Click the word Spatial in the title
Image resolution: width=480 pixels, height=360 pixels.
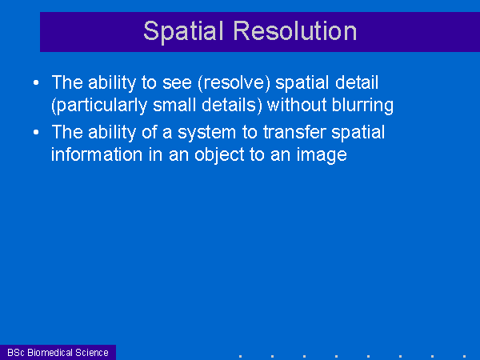pos(183,32)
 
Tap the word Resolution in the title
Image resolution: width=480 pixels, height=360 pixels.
pos(295,30)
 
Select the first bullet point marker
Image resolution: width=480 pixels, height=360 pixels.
pos(36,82)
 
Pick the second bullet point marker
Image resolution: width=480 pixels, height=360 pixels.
pos(36,132)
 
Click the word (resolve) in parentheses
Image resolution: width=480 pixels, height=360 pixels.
pos(234,83)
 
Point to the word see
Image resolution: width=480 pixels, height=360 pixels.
pos(177,83)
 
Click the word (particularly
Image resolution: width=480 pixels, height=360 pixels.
pos(99,106)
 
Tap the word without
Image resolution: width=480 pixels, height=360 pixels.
pos(297,105)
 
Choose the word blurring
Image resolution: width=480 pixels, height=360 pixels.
pos(362,106)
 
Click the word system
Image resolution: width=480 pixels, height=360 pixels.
pos(207,133)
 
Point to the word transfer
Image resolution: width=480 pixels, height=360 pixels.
pos(294,132)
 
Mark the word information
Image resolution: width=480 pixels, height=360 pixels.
pos(97,154)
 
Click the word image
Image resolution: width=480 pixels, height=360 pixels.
pos(322,155)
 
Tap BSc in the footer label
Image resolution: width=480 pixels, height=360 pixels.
pos(16,353)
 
